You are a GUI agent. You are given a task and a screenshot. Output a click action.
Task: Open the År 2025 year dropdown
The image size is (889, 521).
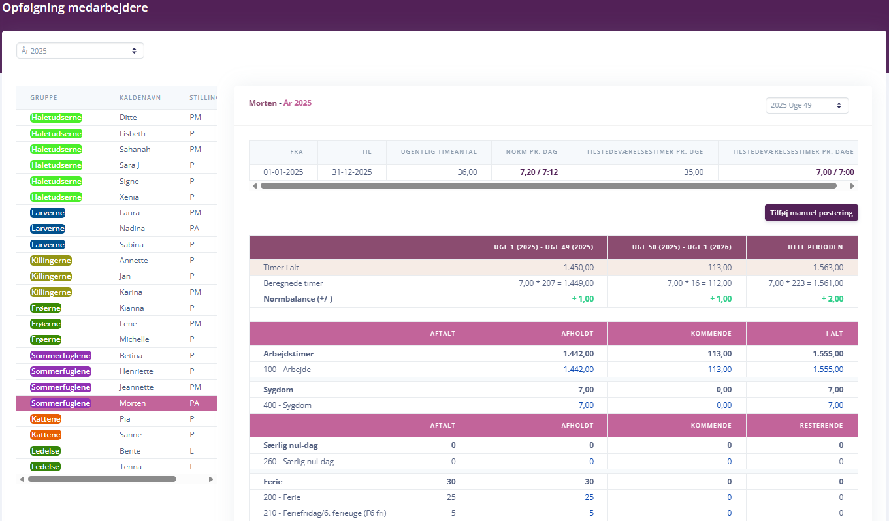click(80, 51)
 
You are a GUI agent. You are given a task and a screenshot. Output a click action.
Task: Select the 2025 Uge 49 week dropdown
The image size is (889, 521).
click(807, 106)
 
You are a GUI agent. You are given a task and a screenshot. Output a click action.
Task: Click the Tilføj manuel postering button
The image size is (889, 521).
click(811, 213)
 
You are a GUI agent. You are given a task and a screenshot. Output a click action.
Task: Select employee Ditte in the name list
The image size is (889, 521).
click(128, 118)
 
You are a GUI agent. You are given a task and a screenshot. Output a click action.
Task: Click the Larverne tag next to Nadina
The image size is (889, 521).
click(48, 229)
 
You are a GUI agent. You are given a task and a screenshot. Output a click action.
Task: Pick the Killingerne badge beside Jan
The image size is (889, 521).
click(51, 276)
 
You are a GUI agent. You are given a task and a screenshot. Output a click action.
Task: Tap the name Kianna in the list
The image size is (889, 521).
click(131, 308)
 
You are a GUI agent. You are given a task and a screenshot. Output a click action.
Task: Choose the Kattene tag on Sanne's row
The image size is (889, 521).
click(46, 435)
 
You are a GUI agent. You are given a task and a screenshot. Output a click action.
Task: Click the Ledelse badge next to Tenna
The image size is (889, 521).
click(45, 467)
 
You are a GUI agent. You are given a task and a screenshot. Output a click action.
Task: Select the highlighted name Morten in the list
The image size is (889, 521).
click(133, 403)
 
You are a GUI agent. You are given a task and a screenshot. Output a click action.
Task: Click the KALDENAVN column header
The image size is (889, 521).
click(140, 98)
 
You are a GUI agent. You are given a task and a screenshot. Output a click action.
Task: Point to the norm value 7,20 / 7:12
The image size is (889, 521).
click(538, 172)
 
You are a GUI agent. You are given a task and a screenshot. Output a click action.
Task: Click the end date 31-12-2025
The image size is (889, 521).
click(352, 172)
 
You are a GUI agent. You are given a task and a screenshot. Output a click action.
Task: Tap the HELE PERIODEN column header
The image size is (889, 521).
click(815, 247)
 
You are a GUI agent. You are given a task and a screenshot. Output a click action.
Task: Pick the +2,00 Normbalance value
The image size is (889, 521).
click(832, 299)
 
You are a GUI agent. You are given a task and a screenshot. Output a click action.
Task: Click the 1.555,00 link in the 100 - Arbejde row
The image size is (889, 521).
click(828, 370)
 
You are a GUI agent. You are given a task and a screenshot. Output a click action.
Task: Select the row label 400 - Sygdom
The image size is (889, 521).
click(287, 405)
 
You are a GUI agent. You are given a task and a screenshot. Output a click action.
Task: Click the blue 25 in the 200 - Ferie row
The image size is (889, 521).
click(589, 497)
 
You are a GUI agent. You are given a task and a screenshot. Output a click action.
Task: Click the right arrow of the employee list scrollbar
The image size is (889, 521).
click(211, 479)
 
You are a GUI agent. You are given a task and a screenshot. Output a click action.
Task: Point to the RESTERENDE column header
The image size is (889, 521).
click(821, 426)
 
